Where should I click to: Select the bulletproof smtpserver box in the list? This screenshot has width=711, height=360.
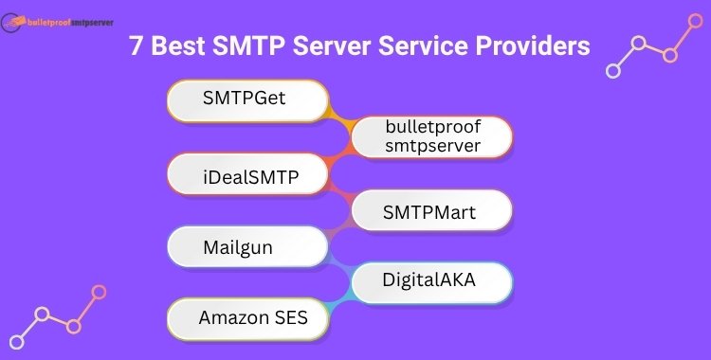432,136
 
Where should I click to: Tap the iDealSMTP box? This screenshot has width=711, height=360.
247,174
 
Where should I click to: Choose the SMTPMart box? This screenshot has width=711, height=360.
432,211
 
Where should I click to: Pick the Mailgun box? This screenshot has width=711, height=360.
247,248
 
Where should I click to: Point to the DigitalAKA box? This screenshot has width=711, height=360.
432,280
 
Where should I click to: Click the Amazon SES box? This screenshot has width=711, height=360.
247,317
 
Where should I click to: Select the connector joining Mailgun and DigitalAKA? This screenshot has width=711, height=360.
339,265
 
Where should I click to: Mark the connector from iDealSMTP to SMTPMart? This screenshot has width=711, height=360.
339,193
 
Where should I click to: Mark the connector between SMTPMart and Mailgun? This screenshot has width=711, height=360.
339,230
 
